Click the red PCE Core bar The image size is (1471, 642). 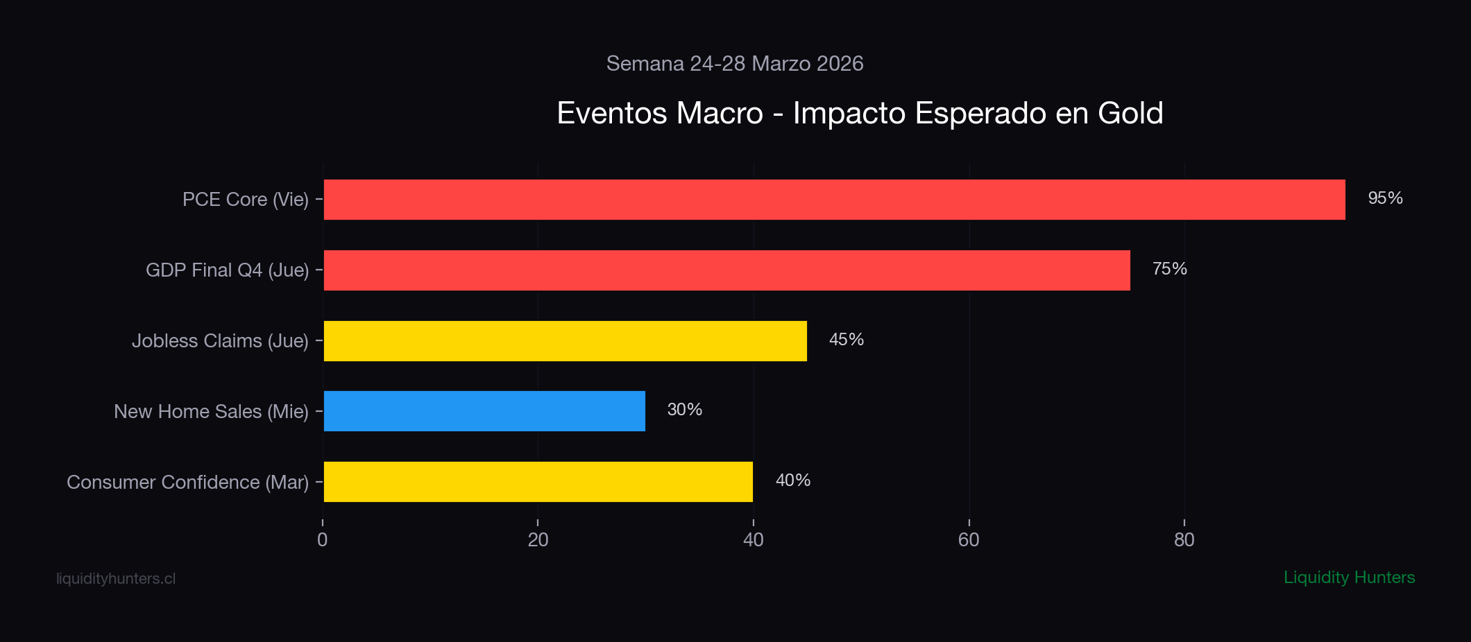[834, 200]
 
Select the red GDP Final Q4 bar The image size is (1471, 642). [726, 270]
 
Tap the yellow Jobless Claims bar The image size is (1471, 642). [565, 341]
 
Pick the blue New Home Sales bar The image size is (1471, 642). [484, 411]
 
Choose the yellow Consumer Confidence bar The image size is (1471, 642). [538, 482]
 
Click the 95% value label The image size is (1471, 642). [1385, 198]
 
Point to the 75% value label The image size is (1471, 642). [1169, 269]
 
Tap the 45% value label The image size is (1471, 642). [846, 340]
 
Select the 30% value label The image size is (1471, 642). [684, 410]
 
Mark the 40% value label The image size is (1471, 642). [792, 480]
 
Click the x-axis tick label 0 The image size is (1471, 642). [323, 540]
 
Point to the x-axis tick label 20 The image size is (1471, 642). [538, 540]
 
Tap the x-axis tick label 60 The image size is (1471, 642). [969, 540]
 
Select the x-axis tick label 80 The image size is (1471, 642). [1184, 540]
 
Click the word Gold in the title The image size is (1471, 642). [1130, 113]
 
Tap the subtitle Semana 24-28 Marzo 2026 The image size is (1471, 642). [735, 64]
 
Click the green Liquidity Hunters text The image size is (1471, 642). [1349, 578]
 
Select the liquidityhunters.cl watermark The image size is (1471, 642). [116, 579]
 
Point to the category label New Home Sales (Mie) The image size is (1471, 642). [211, 412]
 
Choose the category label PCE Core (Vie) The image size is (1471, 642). [245, 200]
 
